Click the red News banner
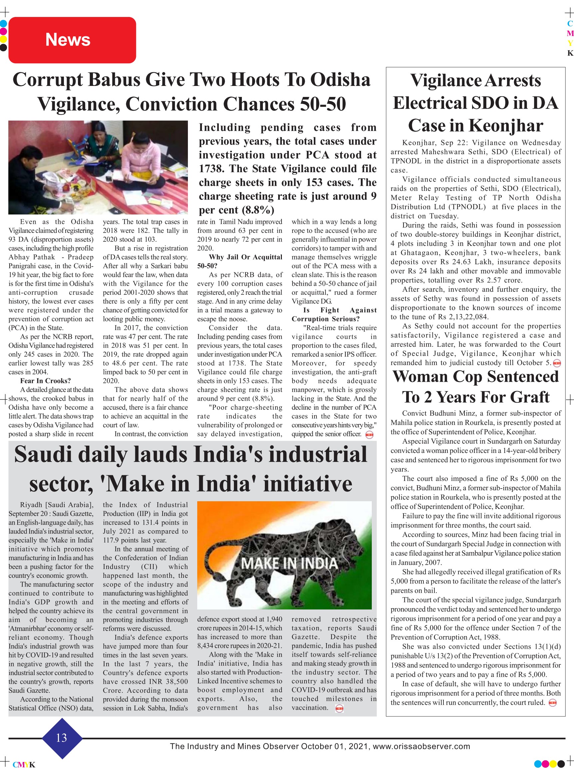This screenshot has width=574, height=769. [x=72, y=40]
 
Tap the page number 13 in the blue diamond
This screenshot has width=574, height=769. [x=62, y=737]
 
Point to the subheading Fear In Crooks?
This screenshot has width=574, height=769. [x=46, y=381]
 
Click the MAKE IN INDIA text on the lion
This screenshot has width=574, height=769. [x=289, y=564]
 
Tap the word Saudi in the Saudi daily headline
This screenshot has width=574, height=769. [x=43, y=454]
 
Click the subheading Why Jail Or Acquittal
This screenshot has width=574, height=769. [x=245, y=257]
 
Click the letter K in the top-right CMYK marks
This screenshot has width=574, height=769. [x=570, y=53]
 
